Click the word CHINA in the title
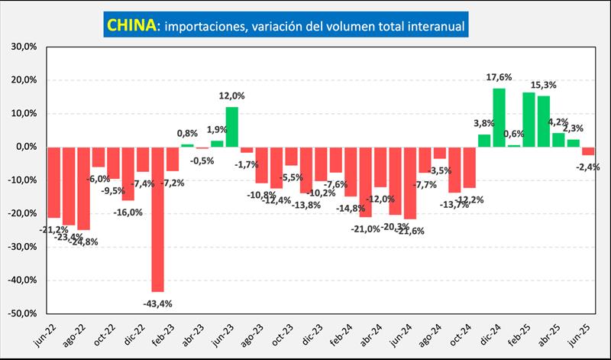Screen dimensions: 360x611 [x=130, y=25]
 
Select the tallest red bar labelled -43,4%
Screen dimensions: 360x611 [x=157, y=219]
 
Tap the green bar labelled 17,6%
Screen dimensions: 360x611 [x=499, y=117]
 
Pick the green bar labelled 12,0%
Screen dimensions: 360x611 [x=231, y=126]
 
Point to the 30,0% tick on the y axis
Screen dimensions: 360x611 [x=24, y=47]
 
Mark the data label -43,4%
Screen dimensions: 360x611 [x=157, y=303]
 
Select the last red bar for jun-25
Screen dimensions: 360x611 [x=587, y=151]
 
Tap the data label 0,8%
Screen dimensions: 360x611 [x=188, y=135]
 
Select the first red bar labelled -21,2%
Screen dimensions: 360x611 [x=53, y=182]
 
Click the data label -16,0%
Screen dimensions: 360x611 [x=128, y=212]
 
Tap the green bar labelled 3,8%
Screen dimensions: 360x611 [x=484, y=140]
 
